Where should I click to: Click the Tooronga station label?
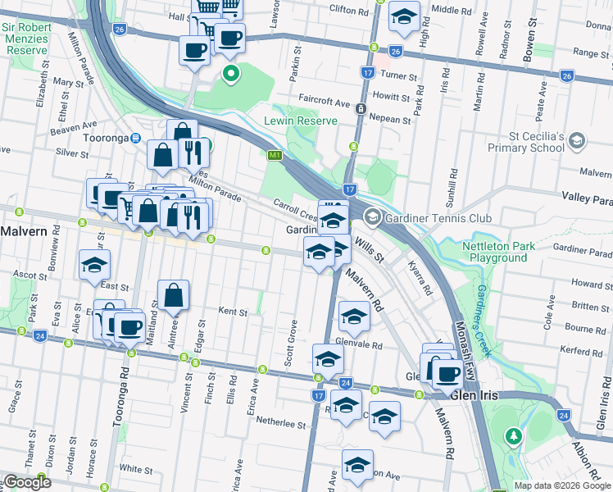pyautogui.click(x=106, y=139)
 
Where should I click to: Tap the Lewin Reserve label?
pyautogui.click(x=300, y=121)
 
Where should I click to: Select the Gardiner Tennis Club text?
pyautogui.click(x=440, y=218)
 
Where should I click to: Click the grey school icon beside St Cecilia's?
pyautogui.click(x=577, y=141)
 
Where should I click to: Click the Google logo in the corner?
pyautogui.click(x=26, y=482)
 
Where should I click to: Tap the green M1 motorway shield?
pyautogui.click(x=275, y=155)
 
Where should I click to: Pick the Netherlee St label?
pyautogui.click(x=281, y=426)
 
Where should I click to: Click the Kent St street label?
pyautogui.click(x=233, y=312)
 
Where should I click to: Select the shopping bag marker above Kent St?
pyautogui.click(x=174, y=295)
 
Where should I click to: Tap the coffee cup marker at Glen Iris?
pyautogui.click(x=447, y=373)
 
